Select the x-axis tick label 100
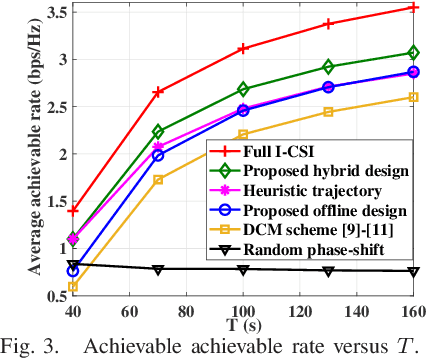tap(244, 310)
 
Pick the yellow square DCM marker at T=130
tap(328, 111)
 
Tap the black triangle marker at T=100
tap(243, 269)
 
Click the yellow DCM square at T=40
tap(45, 287)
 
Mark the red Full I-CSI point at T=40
tap(45, 210)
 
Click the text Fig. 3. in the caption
tap(28, 348)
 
